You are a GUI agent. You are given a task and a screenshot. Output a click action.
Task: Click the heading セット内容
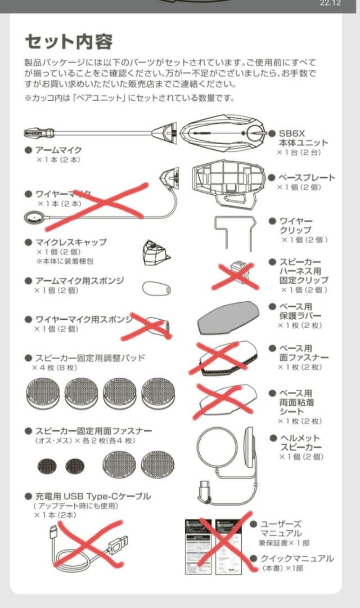[x=69, y=42]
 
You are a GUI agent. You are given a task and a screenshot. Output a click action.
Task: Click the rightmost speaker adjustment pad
[x=158, y=392]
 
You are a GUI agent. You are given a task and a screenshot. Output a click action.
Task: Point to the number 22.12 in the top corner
[x=330, y=3]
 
